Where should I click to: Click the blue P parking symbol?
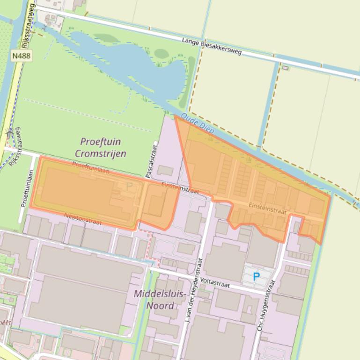256,277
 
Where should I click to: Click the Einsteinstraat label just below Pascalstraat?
181,188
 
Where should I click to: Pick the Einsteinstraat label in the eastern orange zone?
267,209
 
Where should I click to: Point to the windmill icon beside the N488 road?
10,134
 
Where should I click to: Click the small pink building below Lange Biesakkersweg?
285,68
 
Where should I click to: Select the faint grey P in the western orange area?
130,186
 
